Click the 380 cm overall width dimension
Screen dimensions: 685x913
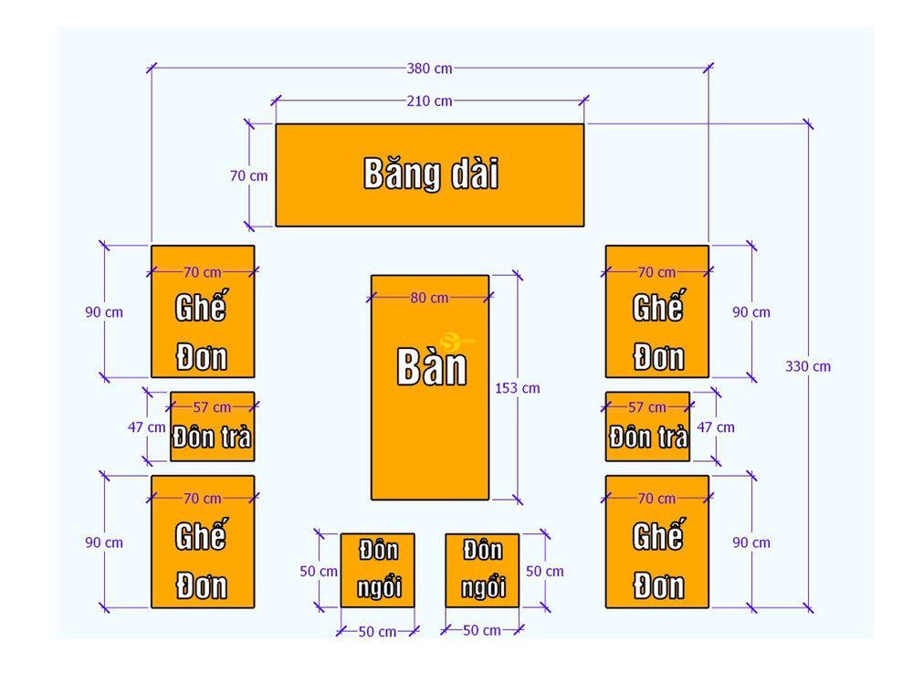[429, 68]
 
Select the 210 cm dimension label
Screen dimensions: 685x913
[429, 100]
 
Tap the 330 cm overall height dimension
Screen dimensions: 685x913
[808, 366]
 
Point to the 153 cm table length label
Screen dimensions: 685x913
[518, 388]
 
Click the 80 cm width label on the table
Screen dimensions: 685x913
[429, 298]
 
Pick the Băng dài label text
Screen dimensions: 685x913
[431, 174]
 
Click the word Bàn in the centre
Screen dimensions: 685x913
[431, 367]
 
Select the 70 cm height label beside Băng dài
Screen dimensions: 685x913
[248, 175]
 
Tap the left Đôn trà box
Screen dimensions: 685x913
[212, 427]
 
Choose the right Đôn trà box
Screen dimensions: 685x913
[647, 427]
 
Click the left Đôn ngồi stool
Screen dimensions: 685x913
[378, 570]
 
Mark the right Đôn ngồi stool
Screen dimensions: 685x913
[482, 570]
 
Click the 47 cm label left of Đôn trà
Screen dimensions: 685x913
[147, 427]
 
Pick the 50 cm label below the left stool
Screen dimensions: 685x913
[377, 631]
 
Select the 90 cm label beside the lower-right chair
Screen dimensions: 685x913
[751, 543]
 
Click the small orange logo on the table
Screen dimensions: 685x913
[448, 339]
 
